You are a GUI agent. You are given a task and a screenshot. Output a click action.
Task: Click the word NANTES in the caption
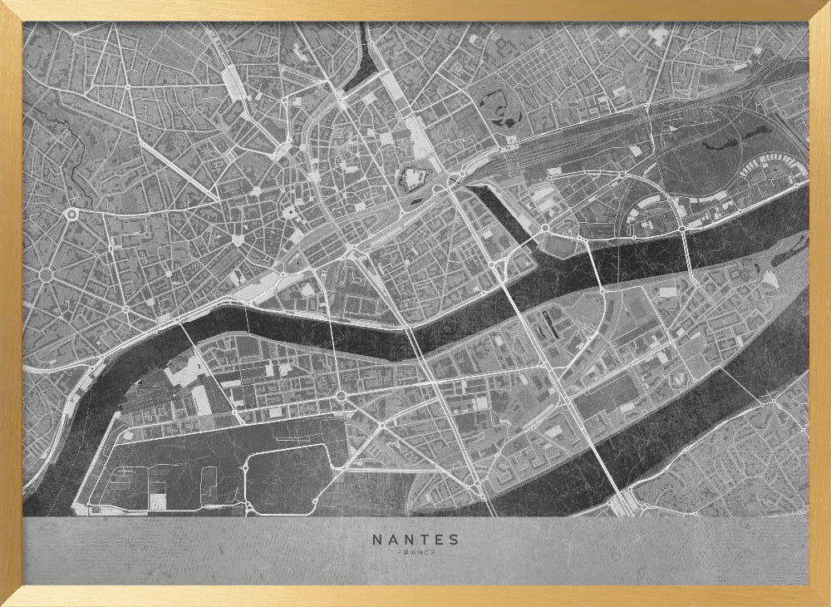(x=415, y=540)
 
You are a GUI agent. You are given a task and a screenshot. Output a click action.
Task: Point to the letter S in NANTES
(x=454, y=540)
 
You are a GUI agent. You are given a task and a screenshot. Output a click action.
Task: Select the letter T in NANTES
(x=424, y=540)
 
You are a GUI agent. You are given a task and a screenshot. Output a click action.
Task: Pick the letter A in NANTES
(x=392, y=540)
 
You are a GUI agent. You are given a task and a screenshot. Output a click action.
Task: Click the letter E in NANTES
(x=439, y=540)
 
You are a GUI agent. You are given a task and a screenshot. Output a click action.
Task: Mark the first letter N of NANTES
(x=377, y=540)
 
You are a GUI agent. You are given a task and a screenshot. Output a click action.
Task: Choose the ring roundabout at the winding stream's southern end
(x=71, y=215)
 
